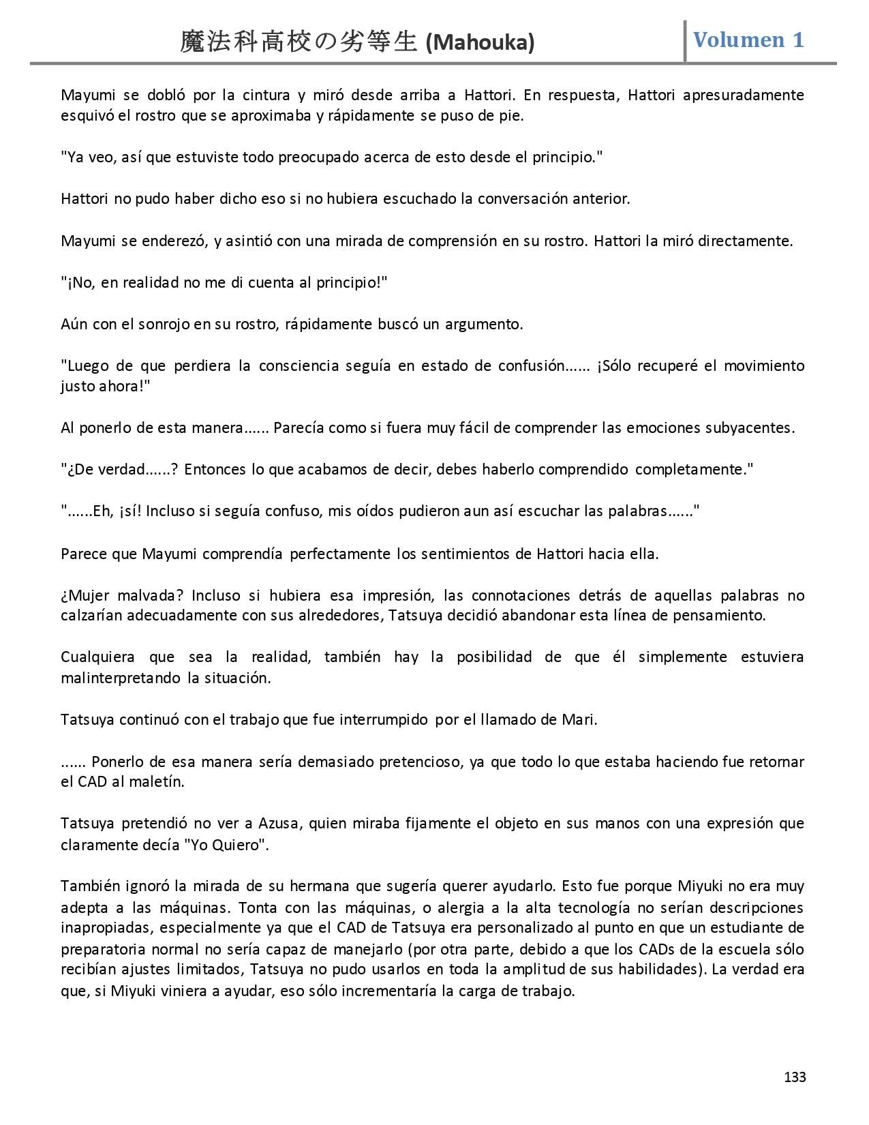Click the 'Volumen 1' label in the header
pos(748,40)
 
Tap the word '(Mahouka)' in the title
pos(480,43)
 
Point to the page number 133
pos(795,1077)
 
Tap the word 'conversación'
pos(521,199)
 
